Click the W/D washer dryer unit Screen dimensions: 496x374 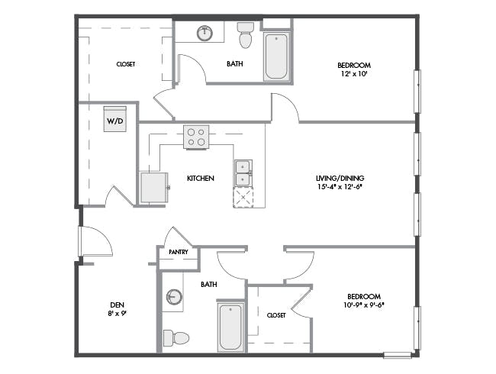pos(115,119)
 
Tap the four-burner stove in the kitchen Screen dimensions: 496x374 pos(196,137)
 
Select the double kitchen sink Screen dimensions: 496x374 pos(243,172)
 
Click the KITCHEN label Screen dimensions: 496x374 pos(201,179)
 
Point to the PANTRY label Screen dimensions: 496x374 pos(179,252)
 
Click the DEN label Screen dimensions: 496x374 pos(117,305)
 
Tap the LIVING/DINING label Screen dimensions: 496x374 pos(340,178)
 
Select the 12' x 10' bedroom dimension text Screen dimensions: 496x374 pos(354,74)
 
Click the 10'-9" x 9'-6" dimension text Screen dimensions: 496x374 pos(364,305)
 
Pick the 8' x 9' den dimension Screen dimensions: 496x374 pos(117,314)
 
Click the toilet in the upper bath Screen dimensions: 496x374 pos(246,35)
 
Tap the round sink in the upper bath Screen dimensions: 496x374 pos(205,33)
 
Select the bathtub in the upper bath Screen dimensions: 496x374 pos(276,56)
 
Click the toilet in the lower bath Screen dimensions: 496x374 pos(176,338)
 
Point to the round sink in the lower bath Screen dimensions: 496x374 pos(174,297)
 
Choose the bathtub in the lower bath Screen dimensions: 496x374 pos(230,327)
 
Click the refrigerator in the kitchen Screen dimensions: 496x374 pos(153,188)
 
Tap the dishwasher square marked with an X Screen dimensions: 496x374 pos(243,198)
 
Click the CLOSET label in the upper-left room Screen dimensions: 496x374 pos(126,64)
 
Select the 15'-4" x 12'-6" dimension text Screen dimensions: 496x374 pos(340,187)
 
